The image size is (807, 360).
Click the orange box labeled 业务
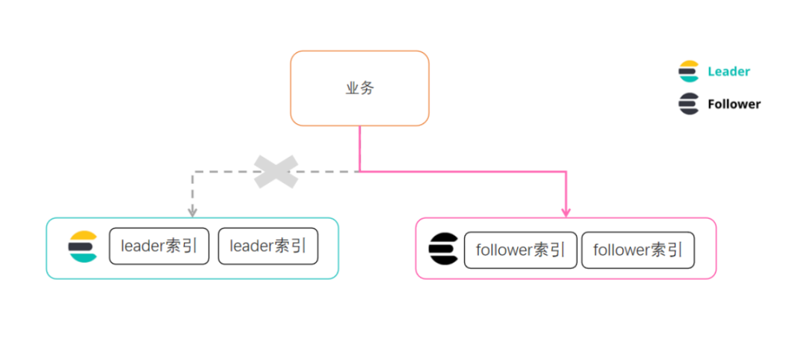[x=359, y=88]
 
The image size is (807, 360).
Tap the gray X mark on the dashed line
[x=276, y=172]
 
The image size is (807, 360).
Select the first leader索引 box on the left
[x=159, y=246]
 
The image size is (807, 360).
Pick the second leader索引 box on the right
[x=268, y=246]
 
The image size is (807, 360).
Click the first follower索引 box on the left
[x=521, y=250]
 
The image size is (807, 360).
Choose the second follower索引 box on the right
[x=638, y=250]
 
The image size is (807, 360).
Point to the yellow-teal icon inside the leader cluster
[x=83, y=247]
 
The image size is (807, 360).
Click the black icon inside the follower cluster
[x=444, y=249]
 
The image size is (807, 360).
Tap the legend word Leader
[x=729, y=72]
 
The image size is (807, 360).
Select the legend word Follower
[x=734, y=105]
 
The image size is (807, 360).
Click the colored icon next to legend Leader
[x=689, y=72]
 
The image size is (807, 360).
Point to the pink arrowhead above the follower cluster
[x=566, y=212]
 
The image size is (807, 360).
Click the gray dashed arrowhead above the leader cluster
[x=193, y=212]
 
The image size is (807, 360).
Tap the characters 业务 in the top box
[x=359, y=88]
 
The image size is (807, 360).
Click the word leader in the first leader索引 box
[x=141, y=246]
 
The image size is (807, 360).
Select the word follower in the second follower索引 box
[x=622, y=250]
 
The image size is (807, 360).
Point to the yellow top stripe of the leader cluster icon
[x=84, y=237]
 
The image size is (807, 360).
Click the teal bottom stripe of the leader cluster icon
[x=83, y=258]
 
